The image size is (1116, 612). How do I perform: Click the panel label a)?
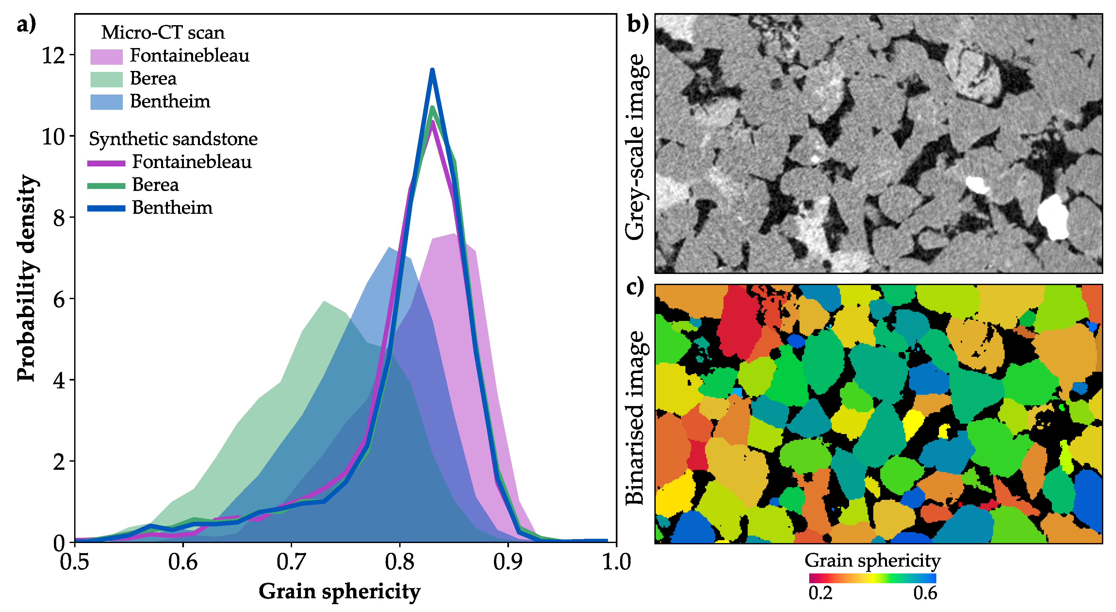pos(26,25)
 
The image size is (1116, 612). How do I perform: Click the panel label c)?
pos(635,287)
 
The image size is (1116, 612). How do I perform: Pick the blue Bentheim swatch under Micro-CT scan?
pos(106,102)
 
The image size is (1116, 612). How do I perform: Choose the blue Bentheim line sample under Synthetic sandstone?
pos(106,209)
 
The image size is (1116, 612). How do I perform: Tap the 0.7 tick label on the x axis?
pos(291,563)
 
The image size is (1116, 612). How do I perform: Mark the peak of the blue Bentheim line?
pos(432,70)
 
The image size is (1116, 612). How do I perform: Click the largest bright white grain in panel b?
pos(1053,217)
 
